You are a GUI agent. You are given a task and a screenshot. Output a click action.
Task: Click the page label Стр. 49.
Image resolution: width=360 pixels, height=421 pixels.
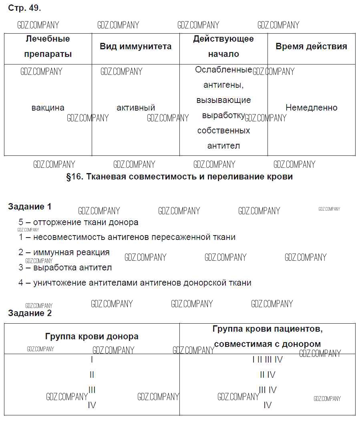tap(24, 8)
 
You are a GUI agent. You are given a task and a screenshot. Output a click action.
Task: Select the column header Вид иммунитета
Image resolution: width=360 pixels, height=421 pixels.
tap(135, 46)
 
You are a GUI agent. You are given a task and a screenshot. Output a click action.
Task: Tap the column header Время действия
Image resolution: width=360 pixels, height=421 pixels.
tap(311, 46)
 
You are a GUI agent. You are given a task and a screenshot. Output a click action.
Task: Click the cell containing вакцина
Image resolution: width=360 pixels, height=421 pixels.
tap(48, 108)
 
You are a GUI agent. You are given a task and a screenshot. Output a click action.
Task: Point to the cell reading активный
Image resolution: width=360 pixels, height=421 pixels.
tap(136, 108)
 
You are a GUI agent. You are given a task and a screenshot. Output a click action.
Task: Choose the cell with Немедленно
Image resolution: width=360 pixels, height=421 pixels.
tap(311, 108)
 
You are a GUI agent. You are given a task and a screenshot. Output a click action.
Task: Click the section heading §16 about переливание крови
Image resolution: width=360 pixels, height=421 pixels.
tap(179, 177)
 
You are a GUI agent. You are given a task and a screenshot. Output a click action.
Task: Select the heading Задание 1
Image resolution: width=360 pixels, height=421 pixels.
tap(30, 207)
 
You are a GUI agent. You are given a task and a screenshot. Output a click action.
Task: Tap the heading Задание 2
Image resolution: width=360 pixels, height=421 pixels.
tap(30, 313)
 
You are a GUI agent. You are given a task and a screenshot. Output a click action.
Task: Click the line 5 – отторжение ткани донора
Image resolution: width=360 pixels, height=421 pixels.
tap(78, 222)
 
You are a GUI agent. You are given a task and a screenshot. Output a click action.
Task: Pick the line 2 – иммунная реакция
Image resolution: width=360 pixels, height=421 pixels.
tap(64, 252)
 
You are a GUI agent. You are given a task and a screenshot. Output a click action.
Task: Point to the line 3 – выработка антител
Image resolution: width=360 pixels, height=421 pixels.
tap(65, 268)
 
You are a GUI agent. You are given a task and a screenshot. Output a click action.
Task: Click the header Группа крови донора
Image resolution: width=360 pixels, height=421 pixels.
tap(92, 336)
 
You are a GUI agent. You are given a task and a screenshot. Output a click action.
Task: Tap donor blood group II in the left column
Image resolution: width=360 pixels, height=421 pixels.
tap(92, 375)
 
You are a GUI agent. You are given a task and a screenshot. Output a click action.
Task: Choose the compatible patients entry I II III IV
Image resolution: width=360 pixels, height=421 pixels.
tap(267, 360)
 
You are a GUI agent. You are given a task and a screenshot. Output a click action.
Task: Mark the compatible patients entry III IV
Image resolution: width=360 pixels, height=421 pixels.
tap(267, 390)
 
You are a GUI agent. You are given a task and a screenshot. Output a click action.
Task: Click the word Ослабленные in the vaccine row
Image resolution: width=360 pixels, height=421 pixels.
tap(223, 70)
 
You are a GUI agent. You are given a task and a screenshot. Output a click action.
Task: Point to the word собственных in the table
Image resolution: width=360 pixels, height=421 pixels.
tap(223, 131)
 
